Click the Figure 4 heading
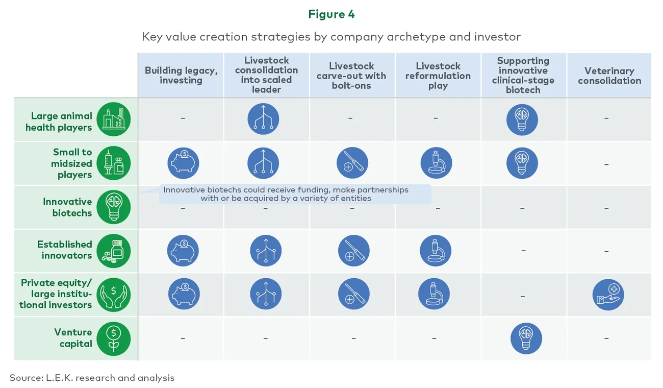pos(331,14)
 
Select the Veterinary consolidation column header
pos(609,76)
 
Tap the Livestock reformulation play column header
pos(438,76)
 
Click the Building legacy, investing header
pos(181,76)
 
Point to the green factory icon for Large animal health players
pos(114,119)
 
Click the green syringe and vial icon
pos(114,163)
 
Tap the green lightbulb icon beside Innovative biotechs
pos(114,207)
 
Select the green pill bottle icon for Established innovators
pos(114,251)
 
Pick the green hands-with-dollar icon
pos(114,294)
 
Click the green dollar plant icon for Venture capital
pos(114,338)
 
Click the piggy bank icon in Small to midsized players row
pos(183,163)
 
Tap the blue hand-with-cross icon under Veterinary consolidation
pos(608,295)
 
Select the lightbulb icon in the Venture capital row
pos(526,338)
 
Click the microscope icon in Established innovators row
pos(435,251)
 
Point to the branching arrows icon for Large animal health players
pos(263,119)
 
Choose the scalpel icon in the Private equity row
pos(353,295)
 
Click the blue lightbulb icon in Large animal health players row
pos(522,119)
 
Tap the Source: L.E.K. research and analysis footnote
pos(92,378)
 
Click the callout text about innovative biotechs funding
pos(286,194)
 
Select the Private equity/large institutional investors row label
pos(56,294)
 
